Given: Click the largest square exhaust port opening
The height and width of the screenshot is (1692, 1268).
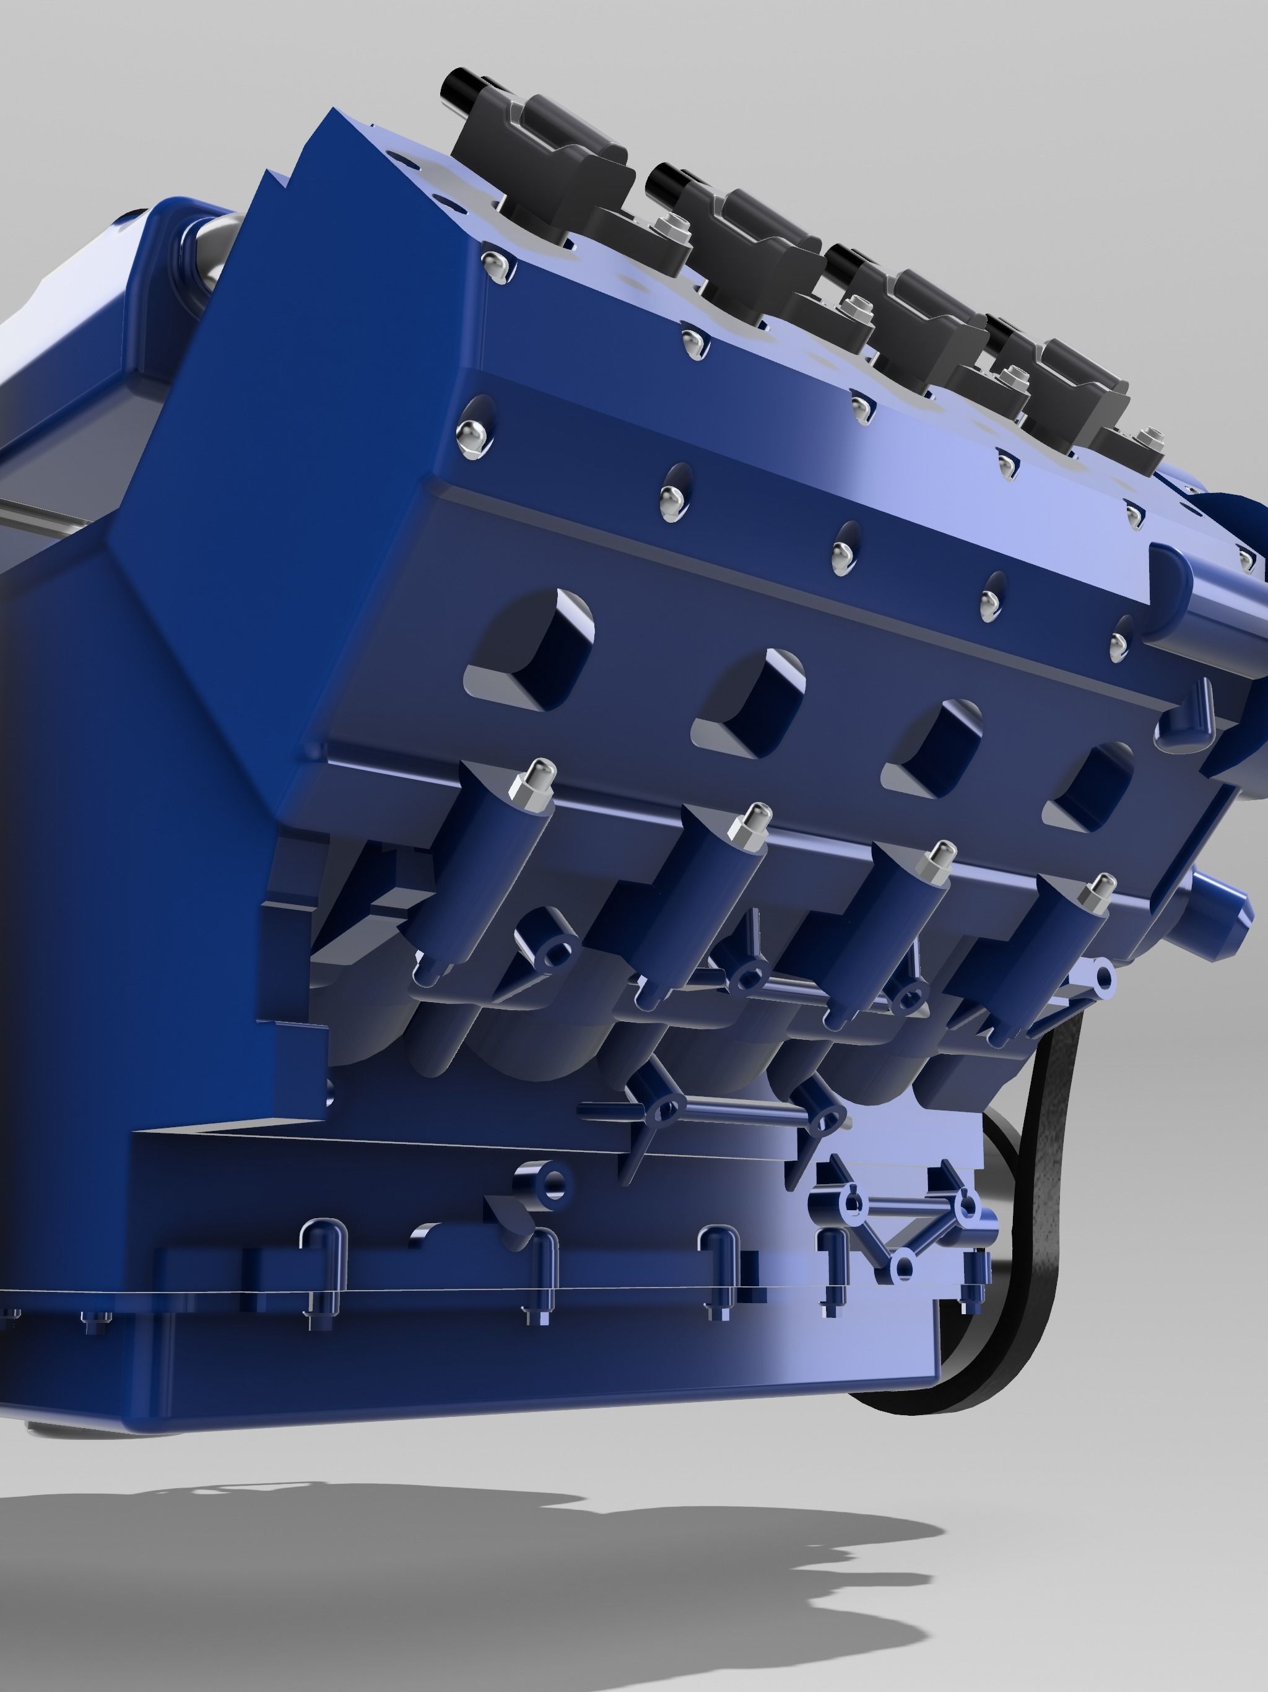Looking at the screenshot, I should [536, 650].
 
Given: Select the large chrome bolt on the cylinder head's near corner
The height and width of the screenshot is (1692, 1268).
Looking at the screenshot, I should [472, 437].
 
